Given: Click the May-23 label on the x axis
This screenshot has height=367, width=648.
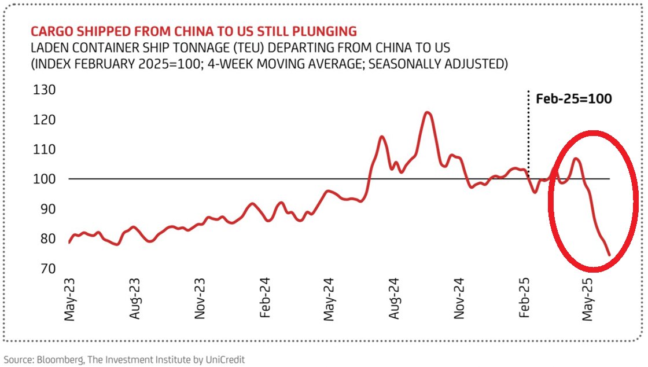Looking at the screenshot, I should pyautogui.click(x=70, y=300).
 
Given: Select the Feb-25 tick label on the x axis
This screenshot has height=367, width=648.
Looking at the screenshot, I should pyautogui.click(x=524, y=300).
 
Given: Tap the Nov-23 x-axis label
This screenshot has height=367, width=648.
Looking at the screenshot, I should pyautogui.click(x=200, y=300).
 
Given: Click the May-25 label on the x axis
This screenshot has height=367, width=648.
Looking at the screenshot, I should pyautogui.click(x=589, y=300).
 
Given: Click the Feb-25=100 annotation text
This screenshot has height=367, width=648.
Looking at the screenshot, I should pyautogui.click(x=573, y=98).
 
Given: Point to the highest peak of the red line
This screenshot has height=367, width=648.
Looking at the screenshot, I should pyautogui.click(x=427, y=112).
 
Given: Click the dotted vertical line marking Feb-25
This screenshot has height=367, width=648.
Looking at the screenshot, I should pyautogui.click(x=529, y=133).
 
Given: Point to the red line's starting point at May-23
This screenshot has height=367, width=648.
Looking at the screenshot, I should pyautogui.click(x=69, y=243).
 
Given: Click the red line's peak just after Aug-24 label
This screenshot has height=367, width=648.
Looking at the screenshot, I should pyautogui.click(x=382, y=137).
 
